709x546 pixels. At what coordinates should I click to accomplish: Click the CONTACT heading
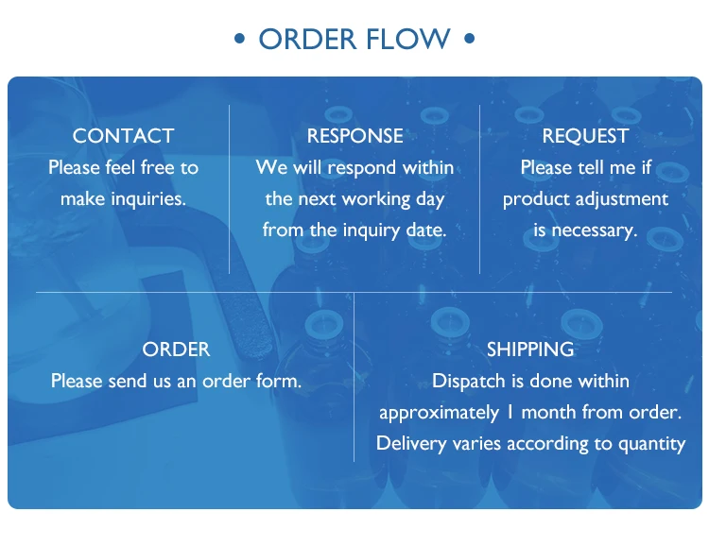(123, 136)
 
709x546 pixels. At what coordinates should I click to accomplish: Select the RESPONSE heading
(354, 136)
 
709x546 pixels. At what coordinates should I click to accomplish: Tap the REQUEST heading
(585, 136)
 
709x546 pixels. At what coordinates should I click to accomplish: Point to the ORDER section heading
(176, 350)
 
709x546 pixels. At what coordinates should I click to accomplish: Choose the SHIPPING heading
(530, 350)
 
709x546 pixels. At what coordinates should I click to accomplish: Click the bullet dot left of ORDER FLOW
(240, 40)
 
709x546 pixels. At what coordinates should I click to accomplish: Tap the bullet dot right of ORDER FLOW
(468, 40)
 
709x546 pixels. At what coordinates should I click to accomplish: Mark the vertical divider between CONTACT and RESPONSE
(230, 189)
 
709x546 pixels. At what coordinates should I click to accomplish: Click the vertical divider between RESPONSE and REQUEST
(479, 189)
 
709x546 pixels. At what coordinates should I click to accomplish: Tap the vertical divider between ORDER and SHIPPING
(354, 378)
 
